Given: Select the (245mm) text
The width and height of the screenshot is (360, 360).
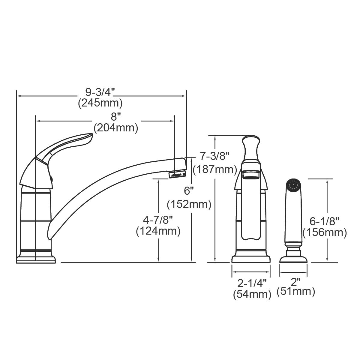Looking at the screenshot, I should tap(100, 103).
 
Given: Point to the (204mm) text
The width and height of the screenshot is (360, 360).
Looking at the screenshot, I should tap(116, 128).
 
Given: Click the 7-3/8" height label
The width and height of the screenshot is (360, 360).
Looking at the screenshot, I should tap(214, 156).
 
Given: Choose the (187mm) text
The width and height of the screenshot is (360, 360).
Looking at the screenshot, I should tap(215, 169).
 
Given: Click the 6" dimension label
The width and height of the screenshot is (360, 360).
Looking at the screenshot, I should tap(189, 191).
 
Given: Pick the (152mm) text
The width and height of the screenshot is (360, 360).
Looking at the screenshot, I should tap(189, 204).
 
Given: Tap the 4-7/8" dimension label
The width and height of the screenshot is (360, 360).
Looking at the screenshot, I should tap(158, 220).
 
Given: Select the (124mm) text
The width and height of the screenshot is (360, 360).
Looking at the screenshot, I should tap(158, 231).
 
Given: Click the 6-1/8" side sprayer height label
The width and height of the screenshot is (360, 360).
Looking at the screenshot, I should tap(325, 221).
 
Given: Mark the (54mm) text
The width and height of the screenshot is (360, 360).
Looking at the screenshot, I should tap(252, 294).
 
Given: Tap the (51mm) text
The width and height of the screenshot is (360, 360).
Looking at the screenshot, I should tap(296, 291).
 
